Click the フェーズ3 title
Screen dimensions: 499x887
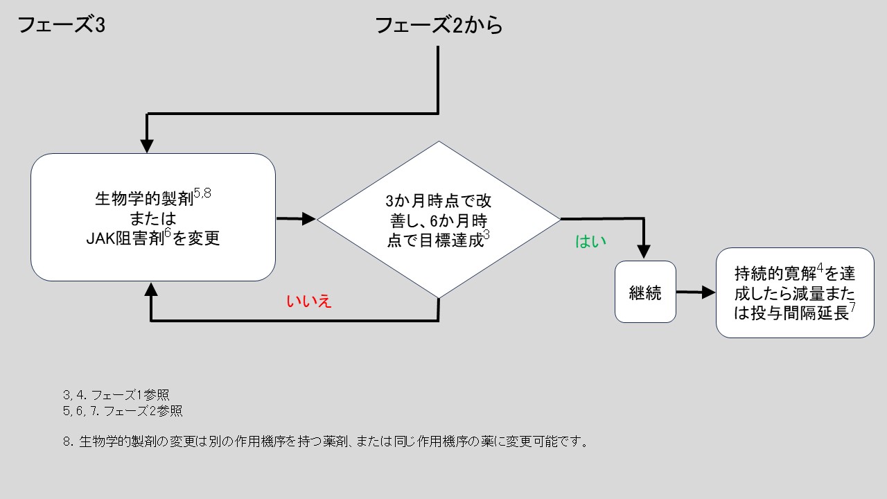point(61,26)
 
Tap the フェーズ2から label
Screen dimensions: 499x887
point(438,26)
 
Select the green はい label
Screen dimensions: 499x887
point(590,241)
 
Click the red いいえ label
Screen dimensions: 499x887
point(309,301)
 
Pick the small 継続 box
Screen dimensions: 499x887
point(645,292)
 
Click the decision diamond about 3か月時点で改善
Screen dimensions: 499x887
point(438,220)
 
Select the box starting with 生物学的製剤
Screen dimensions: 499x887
point(153,217)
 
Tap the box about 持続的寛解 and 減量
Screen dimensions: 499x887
point(795,292)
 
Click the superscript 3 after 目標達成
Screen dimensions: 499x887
point(486,236)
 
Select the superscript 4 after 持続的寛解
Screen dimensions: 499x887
point(819,268)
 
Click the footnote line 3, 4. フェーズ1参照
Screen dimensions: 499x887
point(116,394)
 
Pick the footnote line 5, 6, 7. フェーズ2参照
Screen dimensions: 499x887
point(123,411)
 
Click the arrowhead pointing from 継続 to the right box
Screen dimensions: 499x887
point(708,292)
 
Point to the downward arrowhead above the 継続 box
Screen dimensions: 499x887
point(645,252)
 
